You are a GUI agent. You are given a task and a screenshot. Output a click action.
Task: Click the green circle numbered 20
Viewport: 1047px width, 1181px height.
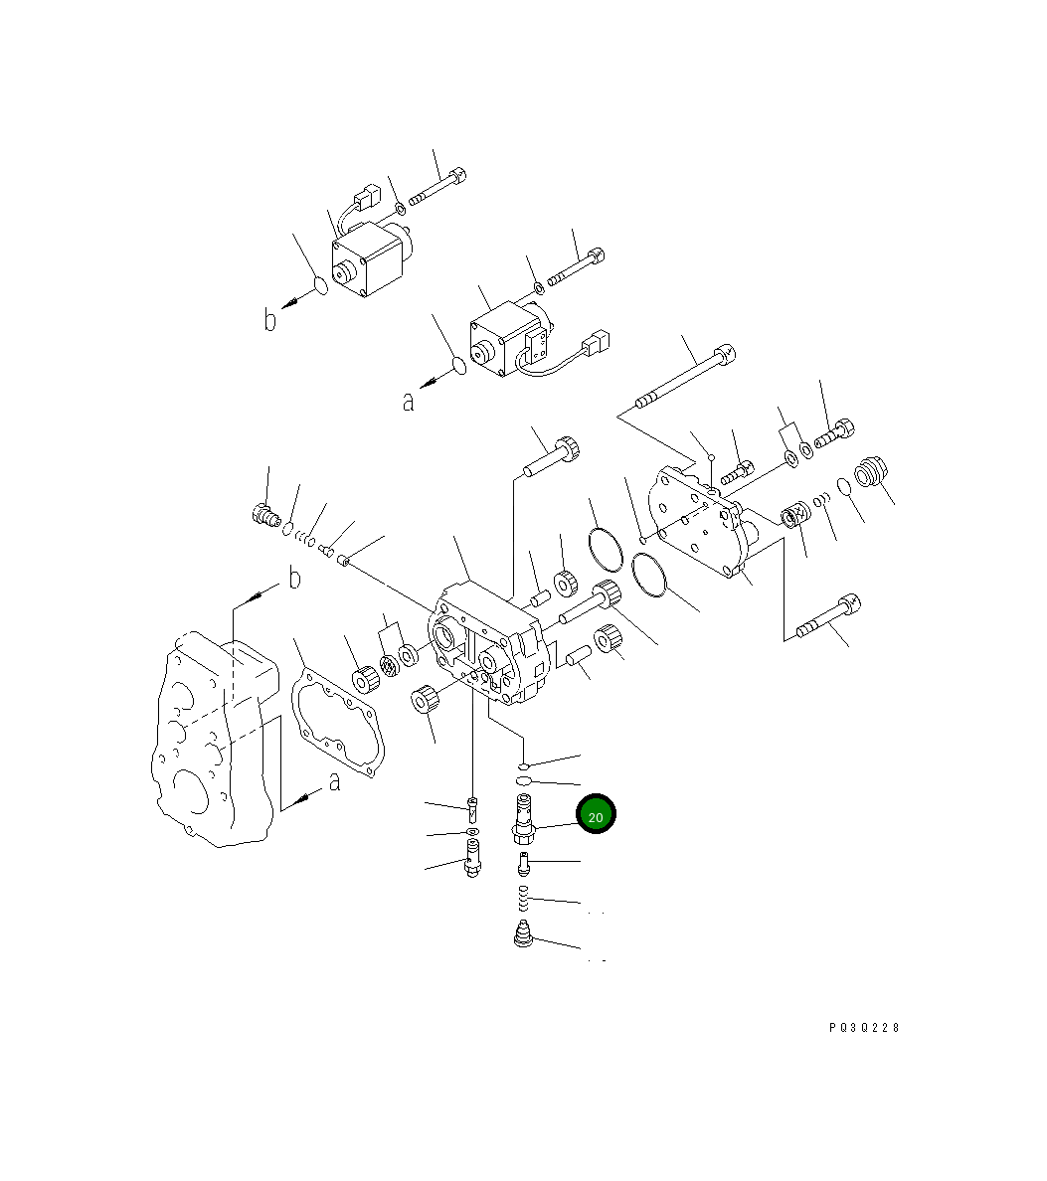tap(596, 815)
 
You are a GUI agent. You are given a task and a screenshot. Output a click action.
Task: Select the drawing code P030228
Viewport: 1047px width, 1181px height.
tap(863, 1028)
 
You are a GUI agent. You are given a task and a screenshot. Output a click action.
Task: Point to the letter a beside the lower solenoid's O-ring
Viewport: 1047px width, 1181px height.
tap(408, 402)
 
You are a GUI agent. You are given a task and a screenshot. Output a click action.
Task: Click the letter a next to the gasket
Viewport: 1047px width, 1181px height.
tap(334, 782)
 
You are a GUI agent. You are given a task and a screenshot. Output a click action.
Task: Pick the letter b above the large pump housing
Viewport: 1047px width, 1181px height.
tap(293, 579)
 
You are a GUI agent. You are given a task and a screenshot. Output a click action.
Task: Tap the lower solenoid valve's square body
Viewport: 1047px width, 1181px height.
tap(504, 339)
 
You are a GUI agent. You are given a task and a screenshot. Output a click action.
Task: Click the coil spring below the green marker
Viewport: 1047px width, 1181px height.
tap(522, 903)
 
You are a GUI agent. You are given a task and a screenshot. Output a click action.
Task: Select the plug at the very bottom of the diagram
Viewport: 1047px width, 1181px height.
tap(522, 935)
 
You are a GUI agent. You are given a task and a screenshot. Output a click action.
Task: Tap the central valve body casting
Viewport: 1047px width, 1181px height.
tap(484, 646)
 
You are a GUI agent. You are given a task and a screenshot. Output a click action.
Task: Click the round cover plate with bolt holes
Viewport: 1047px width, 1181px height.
tap(693, 524)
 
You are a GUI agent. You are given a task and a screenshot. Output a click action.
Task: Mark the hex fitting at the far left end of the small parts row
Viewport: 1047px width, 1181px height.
tap(262, 514)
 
